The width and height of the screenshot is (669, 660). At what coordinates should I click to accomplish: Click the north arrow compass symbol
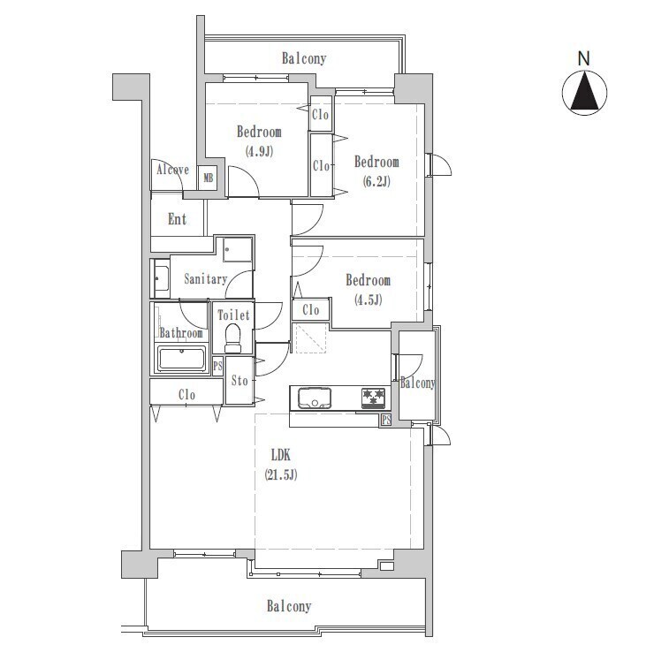point(584,93)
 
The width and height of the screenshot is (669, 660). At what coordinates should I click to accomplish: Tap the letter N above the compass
point(583,58)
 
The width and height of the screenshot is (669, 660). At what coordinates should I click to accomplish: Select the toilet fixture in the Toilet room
point(233,338)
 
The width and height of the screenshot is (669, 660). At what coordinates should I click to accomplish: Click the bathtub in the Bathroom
point(182,359)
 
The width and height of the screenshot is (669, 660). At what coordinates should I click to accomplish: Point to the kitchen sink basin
point(315,398)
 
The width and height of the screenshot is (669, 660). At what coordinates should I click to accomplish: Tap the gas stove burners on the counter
point(373,398)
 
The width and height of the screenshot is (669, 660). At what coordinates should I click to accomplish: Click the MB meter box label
point(209,177)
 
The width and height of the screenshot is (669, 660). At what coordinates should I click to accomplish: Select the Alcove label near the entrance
point(173,170)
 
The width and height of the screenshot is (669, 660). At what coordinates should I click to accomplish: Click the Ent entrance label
point(177,219)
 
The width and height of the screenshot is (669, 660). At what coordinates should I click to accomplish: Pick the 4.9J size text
point(259,151)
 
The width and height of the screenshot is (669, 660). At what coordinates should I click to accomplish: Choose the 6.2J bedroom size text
point(376,182)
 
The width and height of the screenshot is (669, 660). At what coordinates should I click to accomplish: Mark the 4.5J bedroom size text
point(368,300)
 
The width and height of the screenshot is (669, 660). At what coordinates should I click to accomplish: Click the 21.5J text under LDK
point(280,474)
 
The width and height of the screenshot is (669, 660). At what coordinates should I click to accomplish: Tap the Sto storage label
point(239,380)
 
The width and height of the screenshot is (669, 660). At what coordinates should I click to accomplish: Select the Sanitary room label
point(205,279)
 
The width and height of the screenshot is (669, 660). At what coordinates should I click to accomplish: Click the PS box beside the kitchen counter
point(386,420)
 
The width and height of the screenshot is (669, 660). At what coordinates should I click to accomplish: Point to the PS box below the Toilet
point(217,366)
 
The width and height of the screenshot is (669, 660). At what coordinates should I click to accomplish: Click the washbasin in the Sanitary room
point(161,278)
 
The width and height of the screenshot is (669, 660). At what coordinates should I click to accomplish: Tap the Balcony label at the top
point(304,58)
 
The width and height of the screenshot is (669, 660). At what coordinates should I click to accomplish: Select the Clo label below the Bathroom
point(186,395)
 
